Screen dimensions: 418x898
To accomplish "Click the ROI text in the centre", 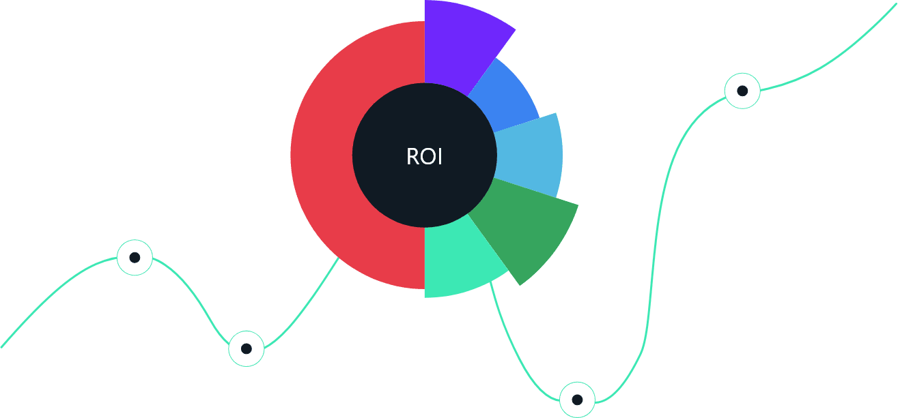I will point(424,157).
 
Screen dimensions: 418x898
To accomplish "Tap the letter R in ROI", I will point(412,157).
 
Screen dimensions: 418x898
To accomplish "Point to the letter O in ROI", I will point(427,157).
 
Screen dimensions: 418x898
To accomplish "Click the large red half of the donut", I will point(321,155).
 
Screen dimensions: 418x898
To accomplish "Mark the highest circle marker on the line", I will point(742,91).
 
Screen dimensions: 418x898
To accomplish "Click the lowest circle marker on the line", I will point(577,400).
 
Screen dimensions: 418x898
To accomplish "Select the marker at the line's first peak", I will point(135,258).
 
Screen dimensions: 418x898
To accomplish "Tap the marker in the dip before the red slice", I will point(246,348).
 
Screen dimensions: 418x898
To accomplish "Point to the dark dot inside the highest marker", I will point(742,91).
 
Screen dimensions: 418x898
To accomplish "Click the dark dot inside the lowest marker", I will point(577,400).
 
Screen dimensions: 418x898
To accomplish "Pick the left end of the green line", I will point(3,346).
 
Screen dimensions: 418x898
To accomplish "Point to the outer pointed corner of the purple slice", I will point(515,29).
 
